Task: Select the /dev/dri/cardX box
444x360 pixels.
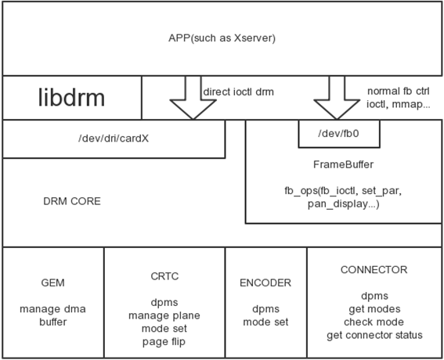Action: pos(114,139)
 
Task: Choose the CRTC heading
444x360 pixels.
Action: pos(164,275)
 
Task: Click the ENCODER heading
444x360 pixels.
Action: pos(265,283)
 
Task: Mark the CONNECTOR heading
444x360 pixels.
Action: pos(374,270)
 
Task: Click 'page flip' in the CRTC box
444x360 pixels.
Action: pos(164,342)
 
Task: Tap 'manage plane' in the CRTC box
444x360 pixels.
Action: pos(164,316)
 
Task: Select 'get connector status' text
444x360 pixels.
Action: pos(374,335)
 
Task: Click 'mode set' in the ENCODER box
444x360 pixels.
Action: pos(265,322)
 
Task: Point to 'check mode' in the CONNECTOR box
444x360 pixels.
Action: pos(374,322)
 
